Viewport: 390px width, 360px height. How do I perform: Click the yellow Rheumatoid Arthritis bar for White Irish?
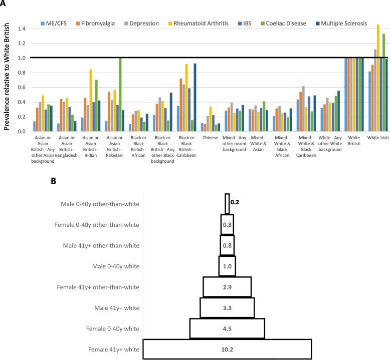coord(378,78)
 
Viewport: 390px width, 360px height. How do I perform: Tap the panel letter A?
coord(4,4)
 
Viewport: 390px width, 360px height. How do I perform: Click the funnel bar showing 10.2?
coord(227,348)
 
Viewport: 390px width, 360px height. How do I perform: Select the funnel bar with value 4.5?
coord(227,328)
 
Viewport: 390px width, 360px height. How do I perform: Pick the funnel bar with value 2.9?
coord(227,287)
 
